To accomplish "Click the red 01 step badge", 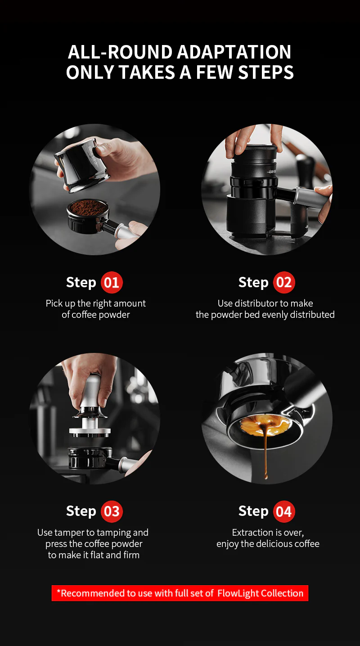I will [111, 283].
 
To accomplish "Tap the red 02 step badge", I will [283, 283].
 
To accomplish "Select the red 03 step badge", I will [111, 511].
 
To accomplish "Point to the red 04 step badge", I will [283, 511].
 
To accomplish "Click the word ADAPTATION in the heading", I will [234, 52].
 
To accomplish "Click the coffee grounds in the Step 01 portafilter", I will [87, 208].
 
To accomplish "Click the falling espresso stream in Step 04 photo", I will [265, 455].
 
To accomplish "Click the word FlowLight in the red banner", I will [239, 593].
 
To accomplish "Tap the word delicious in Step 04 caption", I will [275, 544].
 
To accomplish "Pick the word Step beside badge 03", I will [81, 511].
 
